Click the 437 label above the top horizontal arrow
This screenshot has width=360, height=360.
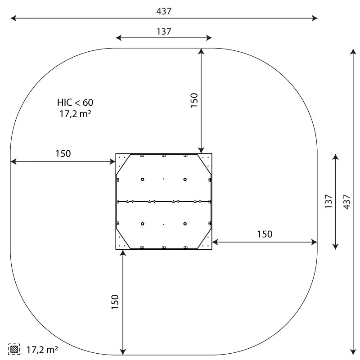[164, 11]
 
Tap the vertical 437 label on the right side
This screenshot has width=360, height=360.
[346, 202]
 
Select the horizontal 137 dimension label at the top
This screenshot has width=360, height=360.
[164, 31]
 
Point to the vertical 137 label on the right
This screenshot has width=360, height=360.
[328, 201]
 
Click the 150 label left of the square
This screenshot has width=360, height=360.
[63, 153]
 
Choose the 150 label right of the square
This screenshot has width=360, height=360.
[265, 234]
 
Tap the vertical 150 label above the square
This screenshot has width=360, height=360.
[194, 100]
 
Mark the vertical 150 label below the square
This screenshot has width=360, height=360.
[115, 302]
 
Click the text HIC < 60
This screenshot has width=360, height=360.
[75, 103]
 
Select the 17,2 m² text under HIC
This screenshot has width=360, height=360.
[75, 114]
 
